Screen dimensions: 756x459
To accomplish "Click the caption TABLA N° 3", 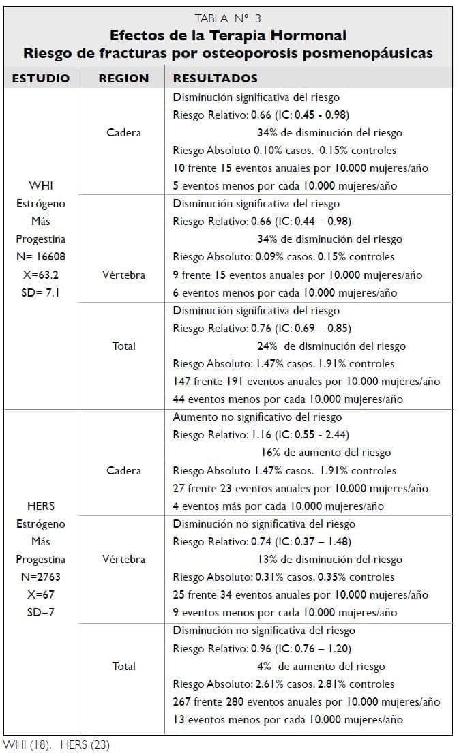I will coord(228,18).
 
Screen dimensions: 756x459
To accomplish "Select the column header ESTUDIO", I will coord(41,78).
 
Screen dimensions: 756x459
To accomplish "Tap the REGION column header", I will coord(123,78).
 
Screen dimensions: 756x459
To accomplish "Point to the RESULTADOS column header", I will coord(216,78).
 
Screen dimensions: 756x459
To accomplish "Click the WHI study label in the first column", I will coord(41,185).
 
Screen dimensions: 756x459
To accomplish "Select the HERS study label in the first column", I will coord(41,506).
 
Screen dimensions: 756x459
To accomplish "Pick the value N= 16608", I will coord(41,257).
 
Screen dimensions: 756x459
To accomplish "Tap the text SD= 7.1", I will coord(41,292).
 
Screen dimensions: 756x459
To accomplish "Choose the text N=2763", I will coord(41,577).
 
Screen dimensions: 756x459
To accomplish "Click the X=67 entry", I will coord(41,595).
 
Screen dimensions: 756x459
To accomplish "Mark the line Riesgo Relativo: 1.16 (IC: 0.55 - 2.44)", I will coord(261,435).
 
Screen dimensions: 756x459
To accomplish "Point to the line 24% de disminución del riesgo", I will coord(331,346).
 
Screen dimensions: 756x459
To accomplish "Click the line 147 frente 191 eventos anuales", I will coord(306,382).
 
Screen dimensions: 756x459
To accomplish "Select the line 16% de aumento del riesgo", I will coord(326,453).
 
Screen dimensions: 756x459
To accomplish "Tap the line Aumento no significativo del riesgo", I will coord(257,417).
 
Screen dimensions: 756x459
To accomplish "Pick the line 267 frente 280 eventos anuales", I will coord(306,702).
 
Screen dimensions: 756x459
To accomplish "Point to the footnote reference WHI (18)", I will coord(25,744).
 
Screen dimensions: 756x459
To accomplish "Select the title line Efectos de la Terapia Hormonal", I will coord(228,35).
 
